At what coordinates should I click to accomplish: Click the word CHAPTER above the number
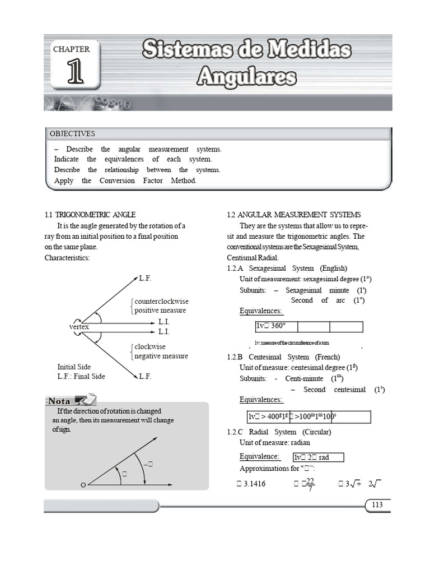(71, 49)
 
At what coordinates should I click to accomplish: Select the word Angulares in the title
(246, 76)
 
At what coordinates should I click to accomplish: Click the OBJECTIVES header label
(72, 134)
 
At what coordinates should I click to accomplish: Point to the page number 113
(377, 505)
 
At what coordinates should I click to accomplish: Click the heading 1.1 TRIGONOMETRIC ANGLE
(90, 215)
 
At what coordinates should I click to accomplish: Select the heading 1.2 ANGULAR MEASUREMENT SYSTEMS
(294, 215)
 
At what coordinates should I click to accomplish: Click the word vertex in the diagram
(79, 326)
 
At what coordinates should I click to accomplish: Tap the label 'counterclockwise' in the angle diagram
(161, 301)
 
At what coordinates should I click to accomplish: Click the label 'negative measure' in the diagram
(161, 356)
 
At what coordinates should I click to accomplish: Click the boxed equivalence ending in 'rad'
(318, 457)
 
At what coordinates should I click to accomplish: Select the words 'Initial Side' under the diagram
(74, 367)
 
